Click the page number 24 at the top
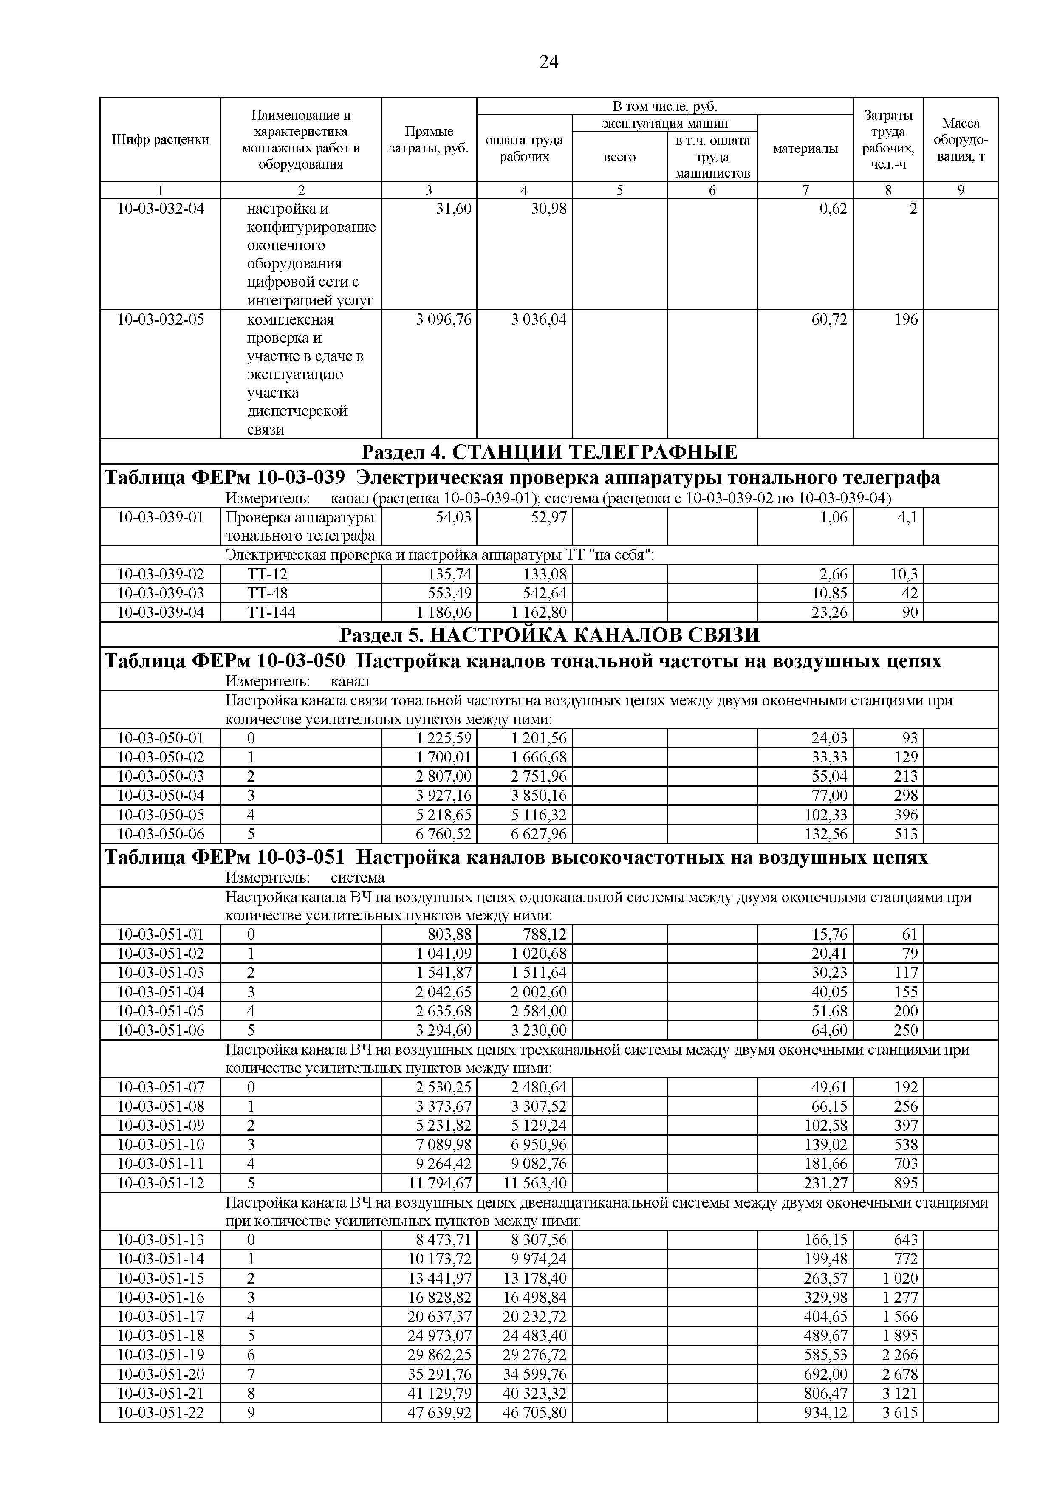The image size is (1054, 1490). tap(548, 62)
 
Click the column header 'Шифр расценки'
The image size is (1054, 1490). tap(160, 139)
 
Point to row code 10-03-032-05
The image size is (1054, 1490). tap(160, 320)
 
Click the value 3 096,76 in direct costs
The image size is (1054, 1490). tap(444, 320)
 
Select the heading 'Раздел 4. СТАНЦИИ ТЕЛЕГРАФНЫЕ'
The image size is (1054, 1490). tap(548, 452)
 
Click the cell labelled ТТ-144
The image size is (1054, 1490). tap(271, 612)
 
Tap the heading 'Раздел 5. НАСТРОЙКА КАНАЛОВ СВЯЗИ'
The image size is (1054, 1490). tap(548, 635)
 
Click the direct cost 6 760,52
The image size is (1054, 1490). tap(444, 834)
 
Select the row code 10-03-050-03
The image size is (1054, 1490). tap(160, 776)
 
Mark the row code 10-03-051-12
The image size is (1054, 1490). tap(160, 1183)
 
